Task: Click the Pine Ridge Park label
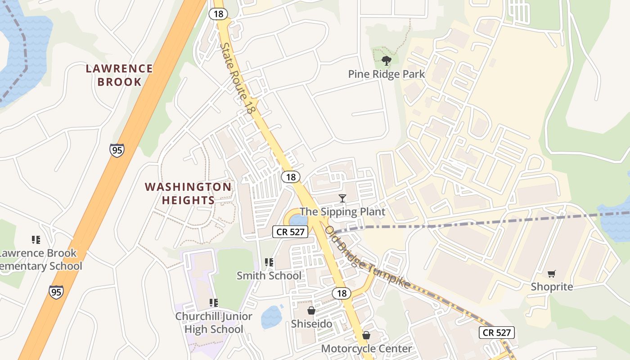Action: [x=386, y=74]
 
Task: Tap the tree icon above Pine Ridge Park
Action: [x=386, y=60]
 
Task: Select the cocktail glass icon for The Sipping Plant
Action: [x=342, y=198]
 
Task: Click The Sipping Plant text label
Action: [x=342, y=211]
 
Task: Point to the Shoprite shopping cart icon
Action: [x=552, y=274]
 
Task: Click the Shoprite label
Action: [x=552, y=287]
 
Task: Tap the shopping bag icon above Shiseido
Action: [x=311, y=310]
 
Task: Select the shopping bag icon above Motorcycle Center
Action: [x=366, y=335]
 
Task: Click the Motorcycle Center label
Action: [x=366, y=349]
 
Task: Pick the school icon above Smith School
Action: [x=269, y=262]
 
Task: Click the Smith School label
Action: [x=269, y=275]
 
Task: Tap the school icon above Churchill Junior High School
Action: [x=214, y=303]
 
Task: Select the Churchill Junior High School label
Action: [x=214, y=323]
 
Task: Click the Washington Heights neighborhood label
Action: [x=188, y=193]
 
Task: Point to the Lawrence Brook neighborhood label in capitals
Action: [x=119, y=75]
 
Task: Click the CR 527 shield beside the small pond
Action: [x=291, y=232]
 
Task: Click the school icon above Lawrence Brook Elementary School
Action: [x=36, y=240]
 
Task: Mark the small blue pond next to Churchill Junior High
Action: [x=271, y=317]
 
